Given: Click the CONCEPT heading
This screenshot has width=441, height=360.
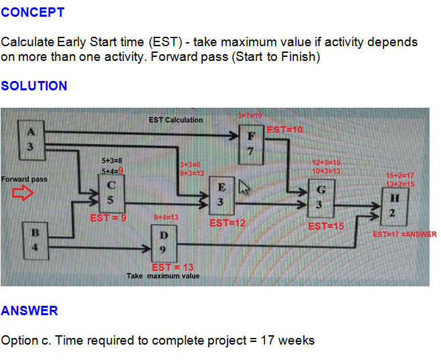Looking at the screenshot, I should tap(33, 12).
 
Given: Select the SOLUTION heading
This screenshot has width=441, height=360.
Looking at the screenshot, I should tap(34, 86).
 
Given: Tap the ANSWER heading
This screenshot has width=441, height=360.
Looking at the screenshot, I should tap(29, 310).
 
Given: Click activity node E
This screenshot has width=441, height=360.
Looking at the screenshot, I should tap(222, 195).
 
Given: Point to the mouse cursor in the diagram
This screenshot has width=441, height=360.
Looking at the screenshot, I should tap(244, 188).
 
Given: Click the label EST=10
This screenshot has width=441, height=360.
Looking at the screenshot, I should tap(285, 129).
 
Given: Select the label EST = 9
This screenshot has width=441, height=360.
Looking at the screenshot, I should tap(108, 218).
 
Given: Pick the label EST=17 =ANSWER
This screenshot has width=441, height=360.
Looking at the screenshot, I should tap(404, 234).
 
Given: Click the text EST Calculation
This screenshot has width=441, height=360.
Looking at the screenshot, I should tap(175, 120).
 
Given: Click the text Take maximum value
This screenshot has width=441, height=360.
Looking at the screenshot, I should tap(163, 276).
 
